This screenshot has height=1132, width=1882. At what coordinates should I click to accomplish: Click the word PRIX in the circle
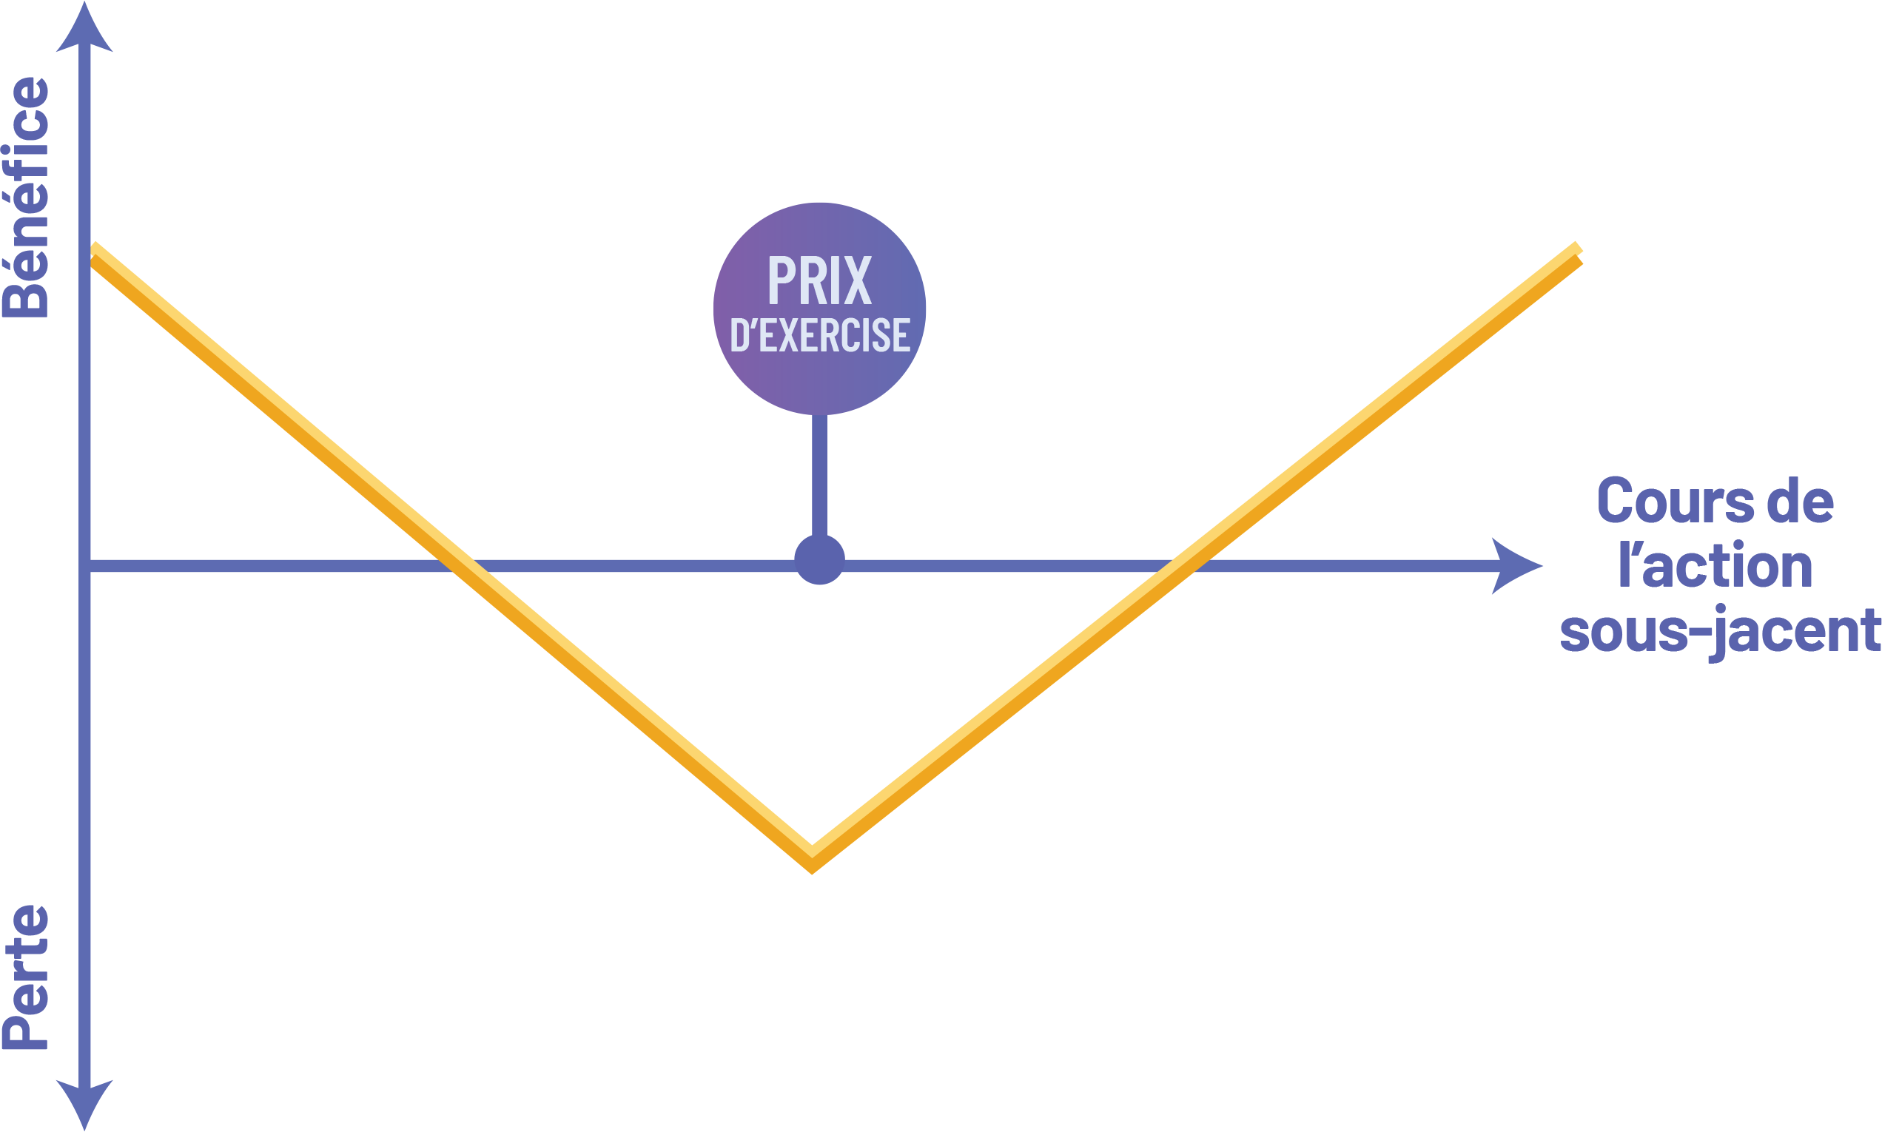(x=819, y=280)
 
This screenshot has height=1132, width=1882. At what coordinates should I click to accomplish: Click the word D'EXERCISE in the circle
(x=820, y=337)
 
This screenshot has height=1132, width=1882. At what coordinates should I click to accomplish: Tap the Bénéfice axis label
(x=26, y=197)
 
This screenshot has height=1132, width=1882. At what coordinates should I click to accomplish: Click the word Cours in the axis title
(x=1666, y=501)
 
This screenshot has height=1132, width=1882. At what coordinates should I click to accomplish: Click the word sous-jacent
(x=1719, y=630)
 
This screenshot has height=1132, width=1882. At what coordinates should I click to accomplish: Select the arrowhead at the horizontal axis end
(x=1515, y=566)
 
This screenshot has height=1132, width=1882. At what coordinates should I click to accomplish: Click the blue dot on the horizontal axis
(x=819, y=560)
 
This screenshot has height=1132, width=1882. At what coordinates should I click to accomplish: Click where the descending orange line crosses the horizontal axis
(x=455, y=566)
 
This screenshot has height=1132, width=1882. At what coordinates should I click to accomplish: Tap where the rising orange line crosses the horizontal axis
(x=1182, y=566)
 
